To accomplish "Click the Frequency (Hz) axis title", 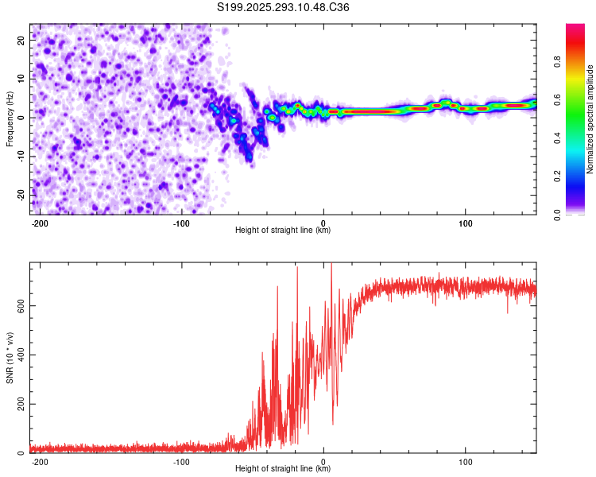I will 10,119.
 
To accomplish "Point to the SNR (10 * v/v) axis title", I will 10,358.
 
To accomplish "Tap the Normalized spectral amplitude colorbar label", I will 590,119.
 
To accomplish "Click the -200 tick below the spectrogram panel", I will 40,223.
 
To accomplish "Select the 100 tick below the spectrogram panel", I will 466,223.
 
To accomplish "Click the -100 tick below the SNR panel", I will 181,461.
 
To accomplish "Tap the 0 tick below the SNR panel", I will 323,461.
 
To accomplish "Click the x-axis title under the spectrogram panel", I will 283,231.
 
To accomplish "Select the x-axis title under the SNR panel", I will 283,469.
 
